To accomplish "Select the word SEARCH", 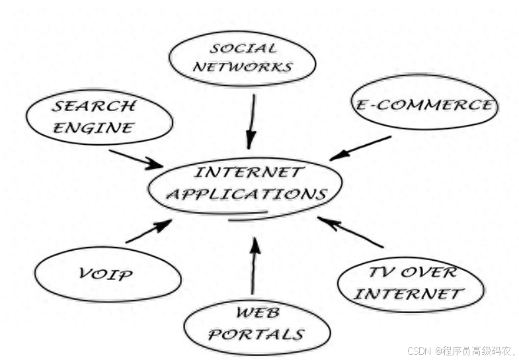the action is (94, 107).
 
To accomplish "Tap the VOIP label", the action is (106, 273).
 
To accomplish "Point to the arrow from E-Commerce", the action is (360, 148).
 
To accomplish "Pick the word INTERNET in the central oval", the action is (249, 173).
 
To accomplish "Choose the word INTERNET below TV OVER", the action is (408, 293).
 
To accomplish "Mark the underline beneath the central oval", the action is (248, 217).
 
